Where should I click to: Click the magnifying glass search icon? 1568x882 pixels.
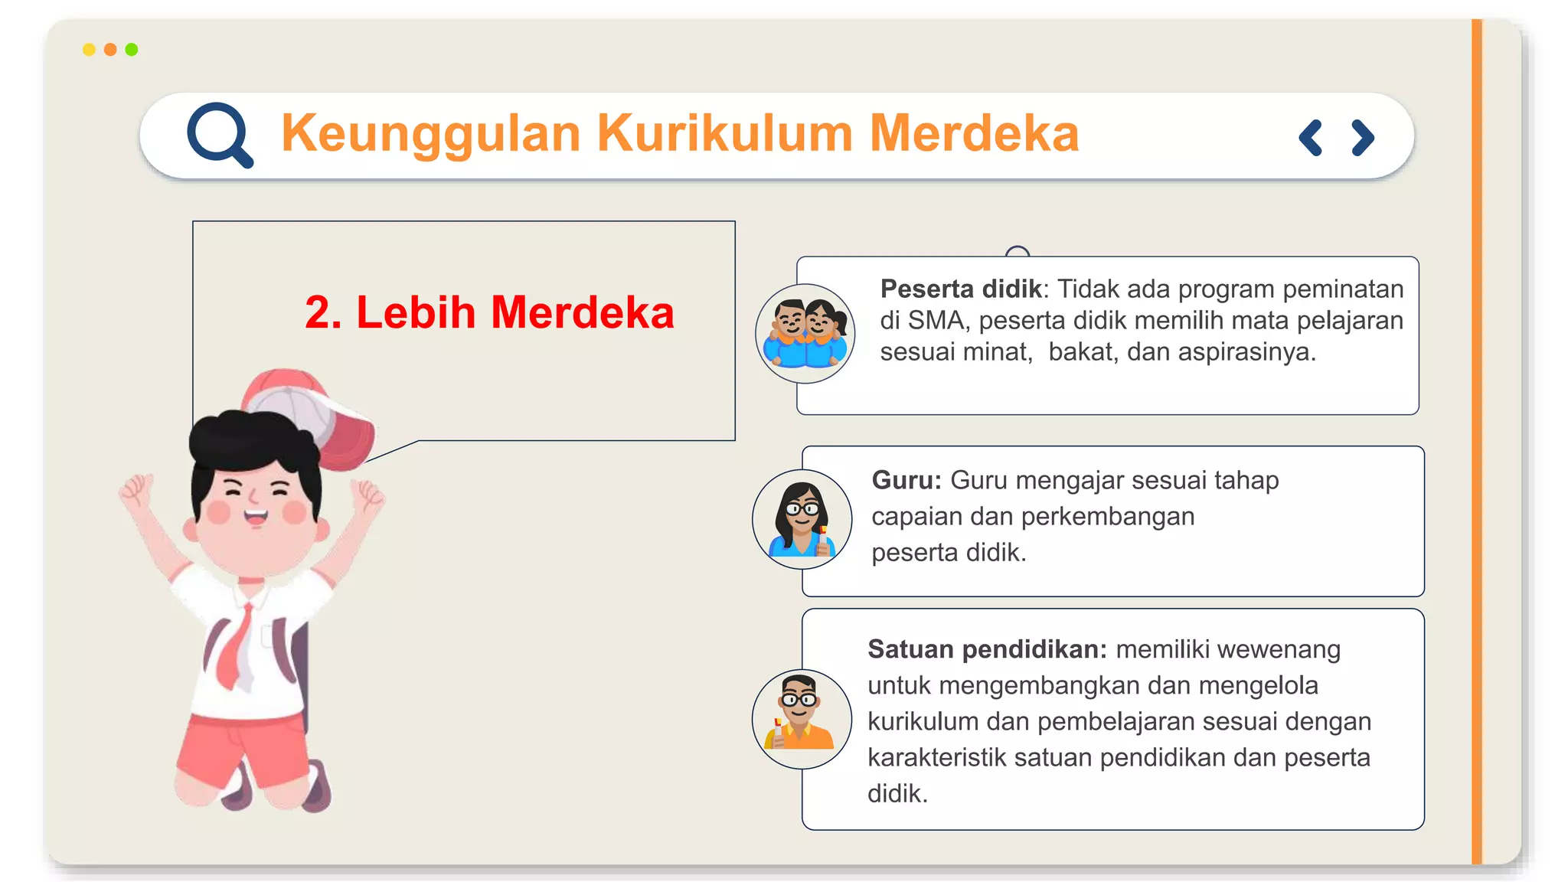click(x=219, y=135)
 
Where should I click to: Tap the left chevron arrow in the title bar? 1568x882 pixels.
click(x=1311, y=138)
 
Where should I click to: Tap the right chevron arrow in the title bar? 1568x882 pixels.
click(x=1362, y=138)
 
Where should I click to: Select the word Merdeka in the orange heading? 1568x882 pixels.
click(x=974, y=134)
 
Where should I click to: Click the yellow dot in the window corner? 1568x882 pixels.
click(x=89, y=50)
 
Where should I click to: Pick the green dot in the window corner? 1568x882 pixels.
click(x=132, y=50)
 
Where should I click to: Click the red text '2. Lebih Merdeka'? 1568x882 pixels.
click(x=489, y=312)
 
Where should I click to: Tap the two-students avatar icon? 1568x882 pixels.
click(x=805, y=334)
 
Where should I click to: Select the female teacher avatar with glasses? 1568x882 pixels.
click(x=802, y=519)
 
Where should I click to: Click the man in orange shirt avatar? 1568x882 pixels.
click(x=802, y=718)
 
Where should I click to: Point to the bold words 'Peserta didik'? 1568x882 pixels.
click(x=960, y=289)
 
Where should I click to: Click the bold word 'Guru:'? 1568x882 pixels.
click(x=906, y=480)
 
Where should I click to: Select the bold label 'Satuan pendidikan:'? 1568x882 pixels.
click(x=987, y=649)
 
